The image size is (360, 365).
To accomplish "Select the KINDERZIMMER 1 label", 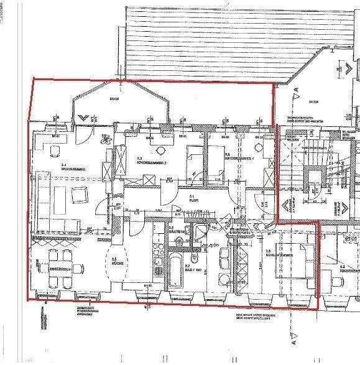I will point(240,158).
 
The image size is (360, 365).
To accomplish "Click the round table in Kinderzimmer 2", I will point(161,150).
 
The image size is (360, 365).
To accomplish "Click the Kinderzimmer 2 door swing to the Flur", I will point(168,190).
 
